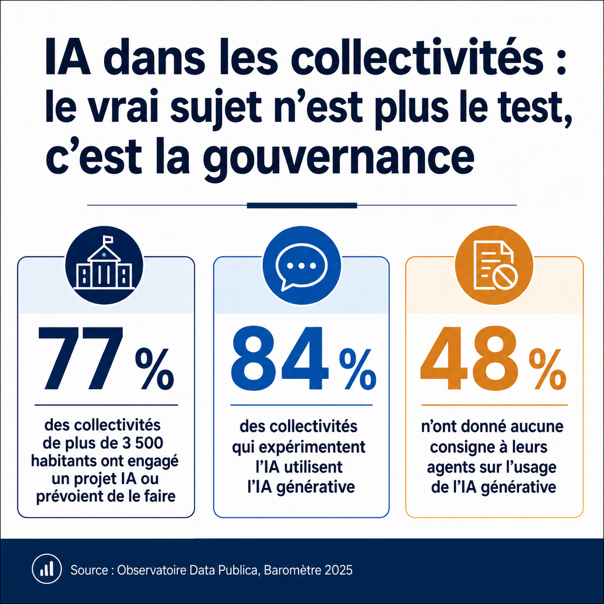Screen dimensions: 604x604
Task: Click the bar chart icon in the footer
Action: tap(47, 570)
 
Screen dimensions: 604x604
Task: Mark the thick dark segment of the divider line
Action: tap(302, 206)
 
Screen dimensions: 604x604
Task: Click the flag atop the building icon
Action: tap(108, 239)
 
